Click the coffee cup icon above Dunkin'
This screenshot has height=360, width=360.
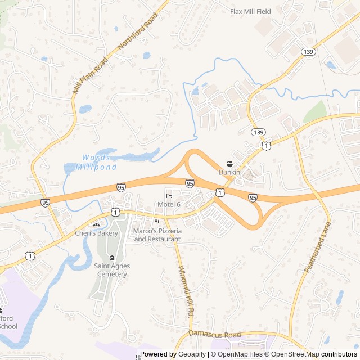(229, 164)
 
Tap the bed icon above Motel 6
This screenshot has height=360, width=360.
(168, 196)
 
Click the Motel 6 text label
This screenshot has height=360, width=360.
(169, 204)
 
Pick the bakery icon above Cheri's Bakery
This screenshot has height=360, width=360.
(96, 224)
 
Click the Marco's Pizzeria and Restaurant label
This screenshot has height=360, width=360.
(157, 235)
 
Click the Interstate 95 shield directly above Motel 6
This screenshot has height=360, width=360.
(190, 183)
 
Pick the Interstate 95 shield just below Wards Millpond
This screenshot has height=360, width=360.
(121, 187)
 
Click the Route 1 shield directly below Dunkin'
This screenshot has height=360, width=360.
(220, 192)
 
